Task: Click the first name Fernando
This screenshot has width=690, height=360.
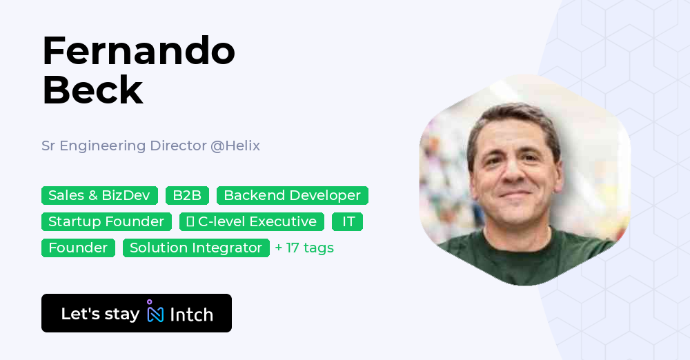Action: (138, 52)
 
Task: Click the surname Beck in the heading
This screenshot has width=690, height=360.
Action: (92, 90)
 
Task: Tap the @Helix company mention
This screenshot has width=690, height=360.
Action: (235, 146)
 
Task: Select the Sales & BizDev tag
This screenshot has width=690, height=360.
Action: (99, 195)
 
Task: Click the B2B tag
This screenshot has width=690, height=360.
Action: (187, 195)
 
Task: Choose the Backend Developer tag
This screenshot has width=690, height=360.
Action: (292, 195)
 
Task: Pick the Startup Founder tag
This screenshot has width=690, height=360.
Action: (106, 221)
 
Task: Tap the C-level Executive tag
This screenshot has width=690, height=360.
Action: (252, 221)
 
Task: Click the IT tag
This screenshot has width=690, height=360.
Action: (348, 221)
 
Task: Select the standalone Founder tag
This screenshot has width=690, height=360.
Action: (78, 248)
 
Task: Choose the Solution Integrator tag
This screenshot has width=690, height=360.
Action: (196, 248)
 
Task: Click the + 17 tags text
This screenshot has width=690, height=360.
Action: (304, 248)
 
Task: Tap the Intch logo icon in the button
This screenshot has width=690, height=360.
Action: (155, 312)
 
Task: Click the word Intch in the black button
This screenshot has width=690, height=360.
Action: (191, 314)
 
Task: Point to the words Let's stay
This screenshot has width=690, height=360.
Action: (100, 314)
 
